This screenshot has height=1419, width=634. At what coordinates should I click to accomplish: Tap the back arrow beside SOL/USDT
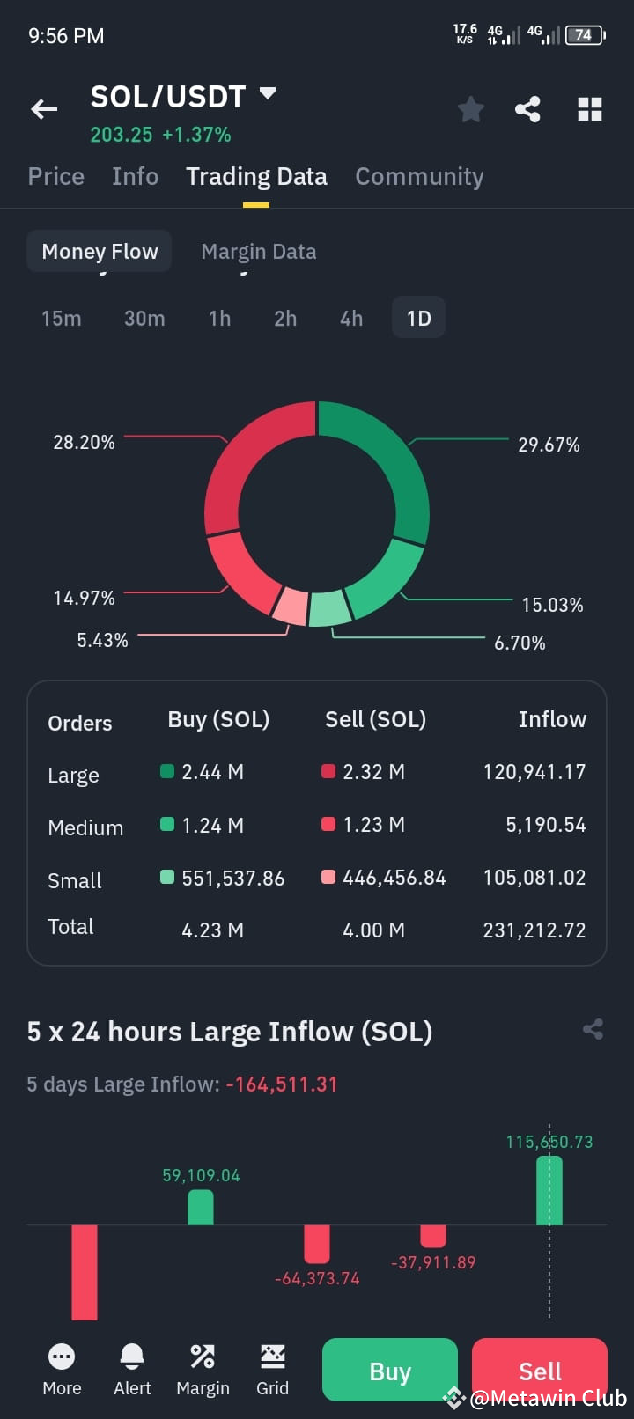tap(44, 109)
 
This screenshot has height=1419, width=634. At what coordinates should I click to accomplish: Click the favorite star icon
tap(471, 109)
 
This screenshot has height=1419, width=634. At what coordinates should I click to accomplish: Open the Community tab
tap(419, 177)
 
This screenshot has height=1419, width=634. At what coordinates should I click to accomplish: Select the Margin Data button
tap(259, 252)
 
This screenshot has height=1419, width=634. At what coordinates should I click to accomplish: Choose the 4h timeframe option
tap(351, 318)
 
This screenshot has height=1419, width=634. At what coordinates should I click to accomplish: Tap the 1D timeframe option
tap(418, 318)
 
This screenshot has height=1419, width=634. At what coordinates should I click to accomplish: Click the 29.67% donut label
tap(549, 445)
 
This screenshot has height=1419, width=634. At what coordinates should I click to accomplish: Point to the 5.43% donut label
tap(103, 640)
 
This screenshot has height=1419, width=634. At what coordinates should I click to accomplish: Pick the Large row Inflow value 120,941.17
tap(534, 772)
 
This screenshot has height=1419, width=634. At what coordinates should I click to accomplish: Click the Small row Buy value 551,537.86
tap(233, 878)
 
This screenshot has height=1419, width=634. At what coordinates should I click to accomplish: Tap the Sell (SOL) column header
tap(375, 720)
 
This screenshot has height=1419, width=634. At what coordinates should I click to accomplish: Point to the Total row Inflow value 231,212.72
tap(534, 930)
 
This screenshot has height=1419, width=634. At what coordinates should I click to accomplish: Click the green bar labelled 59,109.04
tap(201, 1208)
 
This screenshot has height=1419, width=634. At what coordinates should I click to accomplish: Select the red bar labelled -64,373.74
tap(317, 1244)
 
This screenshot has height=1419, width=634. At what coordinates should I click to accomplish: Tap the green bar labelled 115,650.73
tap(549, 1190)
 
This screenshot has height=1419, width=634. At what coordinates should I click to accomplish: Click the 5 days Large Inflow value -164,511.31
tap(282, 1084)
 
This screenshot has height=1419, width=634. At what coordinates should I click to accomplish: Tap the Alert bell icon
tap(132, 1357)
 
